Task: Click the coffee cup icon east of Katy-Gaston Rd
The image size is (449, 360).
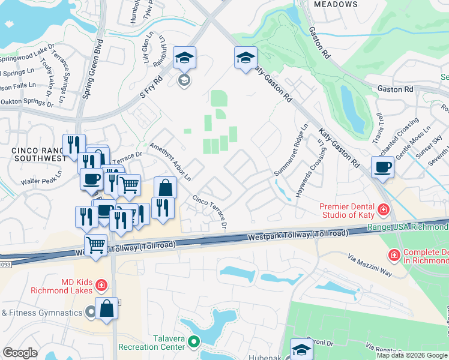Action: point(382,167)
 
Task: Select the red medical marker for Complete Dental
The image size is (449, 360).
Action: point(394,256)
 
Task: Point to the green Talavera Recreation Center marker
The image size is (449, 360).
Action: point(193,342)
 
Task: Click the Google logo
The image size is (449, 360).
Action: point(20,353)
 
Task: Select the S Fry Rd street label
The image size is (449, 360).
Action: point(151,87)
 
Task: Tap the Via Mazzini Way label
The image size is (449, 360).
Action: point(370,264)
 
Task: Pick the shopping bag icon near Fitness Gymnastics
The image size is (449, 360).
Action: point(106,309)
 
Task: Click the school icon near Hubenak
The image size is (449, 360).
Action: point(301,350)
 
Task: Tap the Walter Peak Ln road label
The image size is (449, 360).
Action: point(41,179)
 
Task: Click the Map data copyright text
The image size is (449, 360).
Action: point(412,355)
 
